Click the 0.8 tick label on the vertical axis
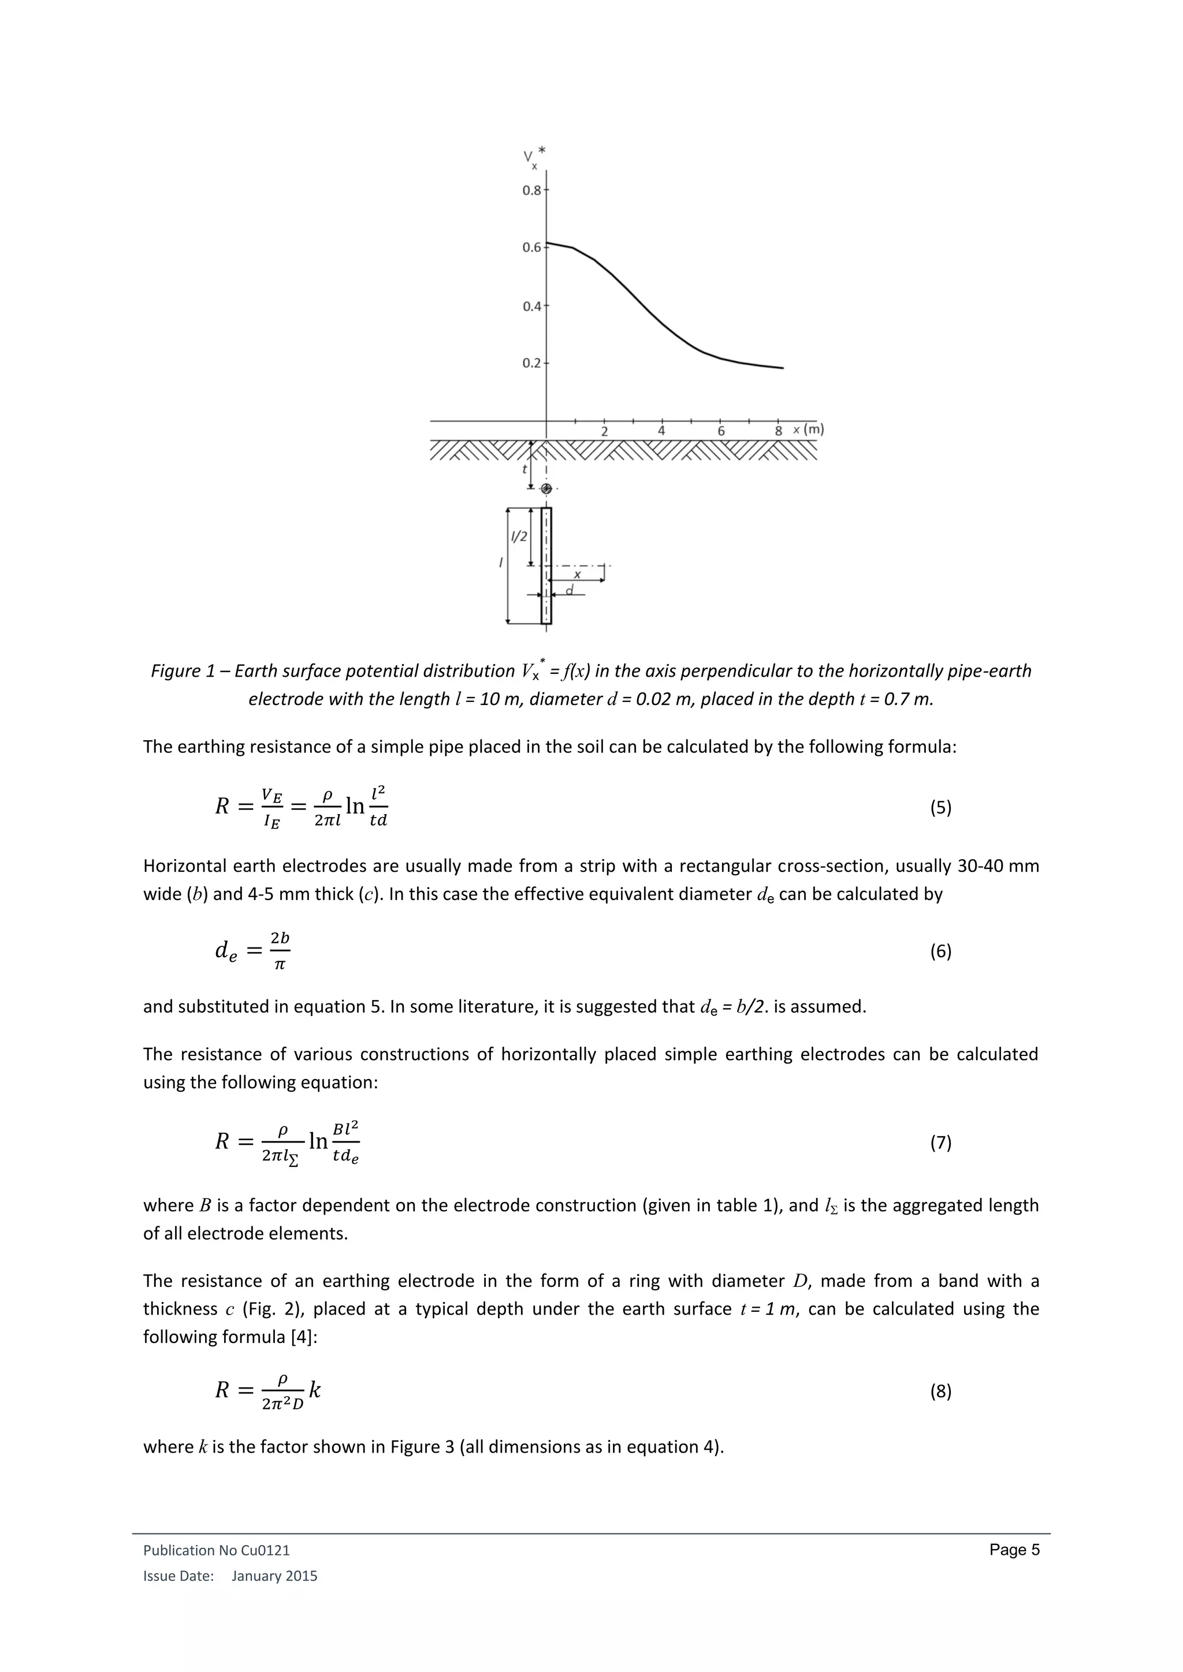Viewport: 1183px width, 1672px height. point(531,191)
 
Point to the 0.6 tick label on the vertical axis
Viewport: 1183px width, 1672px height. point(531,248)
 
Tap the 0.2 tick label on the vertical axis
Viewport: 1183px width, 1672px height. point(531,363)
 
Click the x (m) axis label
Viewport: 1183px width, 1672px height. point(808,430)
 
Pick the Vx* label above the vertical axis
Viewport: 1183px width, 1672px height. point(533,157)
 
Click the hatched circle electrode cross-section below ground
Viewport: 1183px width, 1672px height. point(546,488)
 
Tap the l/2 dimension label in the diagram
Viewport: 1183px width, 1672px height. point(519,537)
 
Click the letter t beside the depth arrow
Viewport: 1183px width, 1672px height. point(524,470)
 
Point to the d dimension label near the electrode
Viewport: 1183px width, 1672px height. point(570,590)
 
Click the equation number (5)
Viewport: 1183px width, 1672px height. point(940,807)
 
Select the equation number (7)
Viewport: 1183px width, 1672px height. point(940,1143)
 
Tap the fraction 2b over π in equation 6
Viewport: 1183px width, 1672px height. point(280,950)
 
